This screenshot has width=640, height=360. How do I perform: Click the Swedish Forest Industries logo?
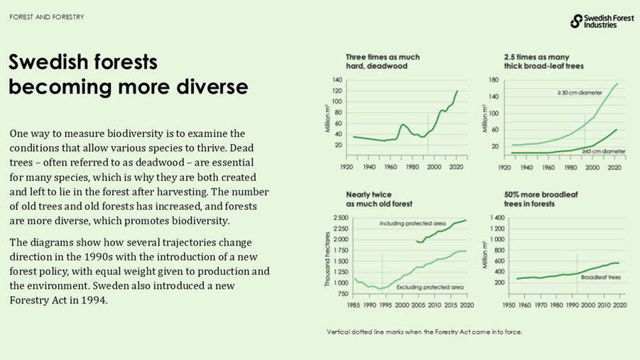point(602,21)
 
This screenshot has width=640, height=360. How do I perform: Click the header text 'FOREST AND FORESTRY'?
point(47,17)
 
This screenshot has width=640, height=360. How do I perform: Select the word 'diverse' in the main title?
point(210,87)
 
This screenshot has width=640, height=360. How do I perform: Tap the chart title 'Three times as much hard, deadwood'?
point(382,62)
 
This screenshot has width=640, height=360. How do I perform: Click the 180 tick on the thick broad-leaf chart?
point(494,80)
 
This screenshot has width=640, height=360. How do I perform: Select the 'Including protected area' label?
point(412,223)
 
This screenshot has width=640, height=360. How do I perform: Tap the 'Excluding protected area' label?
point(431,287)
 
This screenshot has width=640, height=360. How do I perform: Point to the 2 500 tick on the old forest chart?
point(339,218)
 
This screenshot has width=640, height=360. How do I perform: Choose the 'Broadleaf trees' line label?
point(601,278)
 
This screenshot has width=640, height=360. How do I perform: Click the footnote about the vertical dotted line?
point(424,332)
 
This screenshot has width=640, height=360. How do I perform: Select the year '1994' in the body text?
point(96,300)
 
